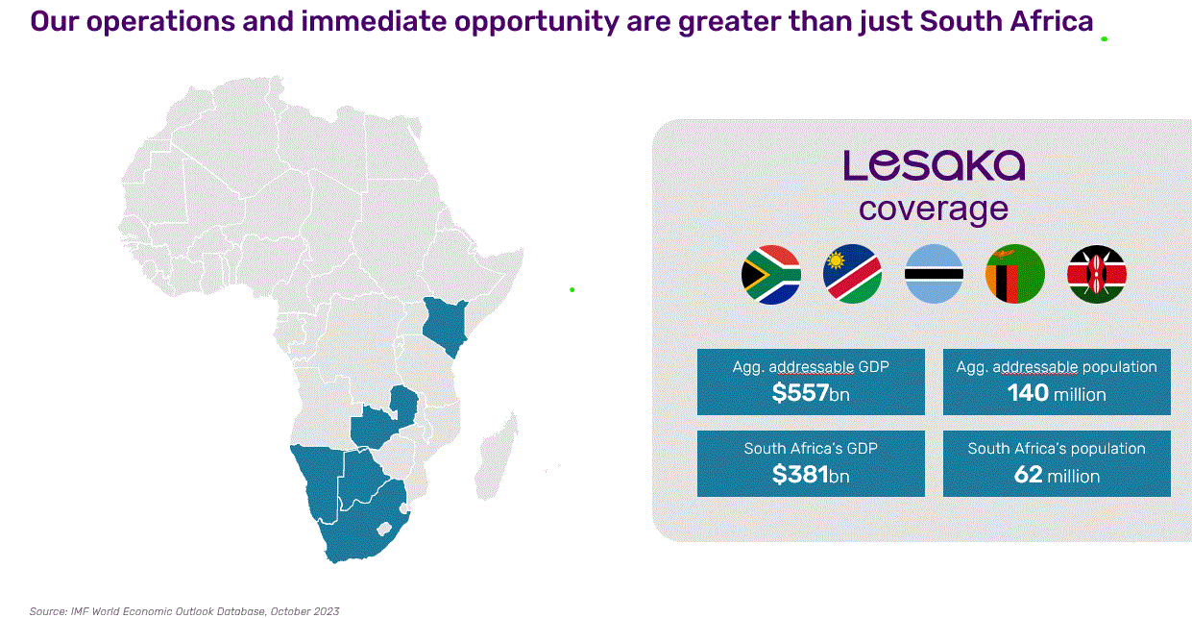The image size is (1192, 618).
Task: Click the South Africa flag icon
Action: pos(771,275)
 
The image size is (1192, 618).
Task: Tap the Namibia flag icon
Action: pos(852,275)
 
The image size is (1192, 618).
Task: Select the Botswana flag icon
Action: pos(934,275)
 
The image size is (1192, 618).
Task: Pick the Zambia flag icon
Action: pos(1014,275)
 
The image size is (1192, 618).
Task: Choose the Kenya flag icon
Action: pos(1096,275)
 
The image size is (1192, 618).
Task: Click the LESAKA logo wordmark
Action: pos(934,165)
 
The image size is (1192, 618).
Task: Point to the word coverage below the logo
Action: pos(934,209)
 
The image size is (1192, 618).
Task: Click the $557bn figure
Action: pos(811,393)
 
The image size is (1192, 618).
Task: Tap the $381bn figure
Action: pos(811,475)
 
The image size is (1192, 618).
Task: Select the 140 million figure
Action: pos(1057,393)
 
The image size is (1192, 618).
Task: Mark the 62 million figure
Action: pos(1057,475)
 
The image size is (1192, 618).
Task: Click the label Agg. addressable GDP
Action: pos(811,367)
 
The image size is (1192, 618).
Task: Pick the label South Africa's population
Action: pos(1057,449)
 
